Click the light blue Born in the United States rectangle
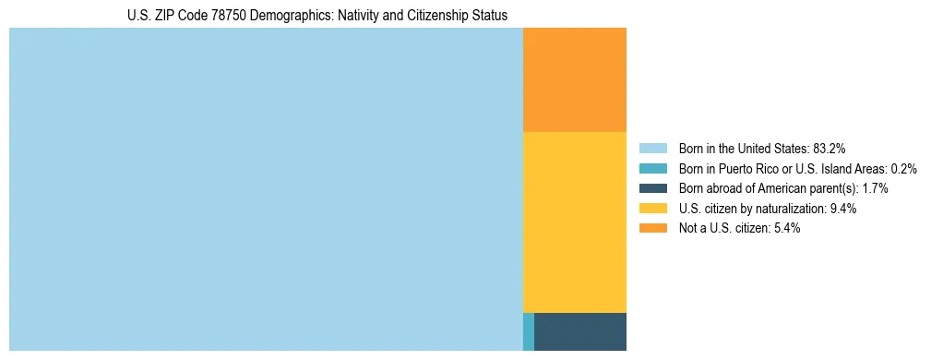click(266, 189)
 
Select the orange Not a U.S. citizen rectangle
click(574, 80)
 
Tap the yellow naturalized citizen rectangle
click(574, 222)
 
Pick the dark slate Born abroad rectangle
click(579, 331)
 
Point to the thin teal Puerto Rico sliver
click(528, 331)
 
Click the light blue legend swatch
click(652, 149)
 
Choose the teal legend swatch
click(652, 169)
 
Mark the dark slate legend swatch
click(652, 188)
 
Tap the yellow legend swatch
click(652, 209)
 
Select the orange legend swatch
click(652, 228)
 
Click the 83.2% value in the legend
click(829, 149)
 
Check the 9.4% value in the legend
click(843, 209)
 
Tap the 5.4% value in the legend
click(787, 228)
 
